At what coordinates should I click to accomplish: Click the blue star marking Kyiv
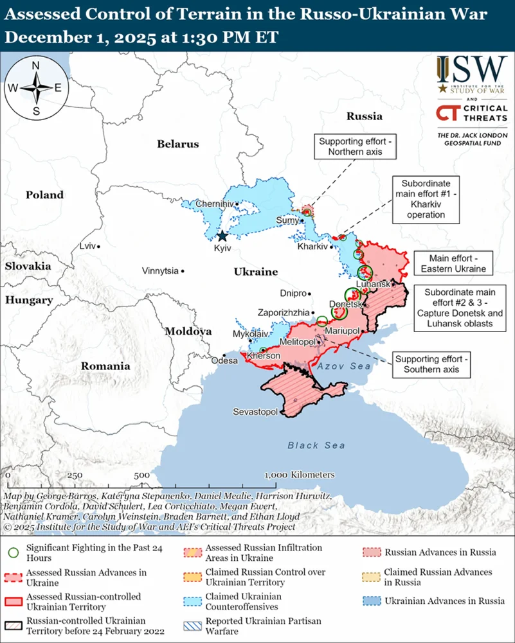pyautogui.click(x=222, y=236)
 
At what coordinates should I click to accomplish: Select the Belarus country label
pyautogui.click(x=178, y=144)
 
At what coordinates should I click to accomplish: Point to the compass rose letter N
pyautogui.click(x=36, y=66)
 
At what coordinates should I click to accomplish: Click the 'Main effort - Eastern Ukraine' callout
pyautogui.click(x=449, y=263)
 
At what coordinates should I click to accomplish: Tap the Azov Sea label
pyautogui.click(x=343, y=366)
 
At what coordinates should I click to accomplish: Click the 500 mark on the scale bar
pyautogui.click(x=142, y=475)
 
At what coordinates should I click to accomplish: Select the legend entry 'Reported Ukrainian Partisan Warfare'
pyautogui.click(x=263, y=626)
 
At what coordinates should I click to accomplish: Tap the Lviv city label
pyautogui.click(x=87, y=246)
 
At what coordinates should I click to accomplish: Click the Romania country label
pyautogui.click(x=105, y=366)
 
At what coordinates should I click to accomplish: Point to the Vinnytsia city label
pyautogui.click(x=160, y=271)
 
